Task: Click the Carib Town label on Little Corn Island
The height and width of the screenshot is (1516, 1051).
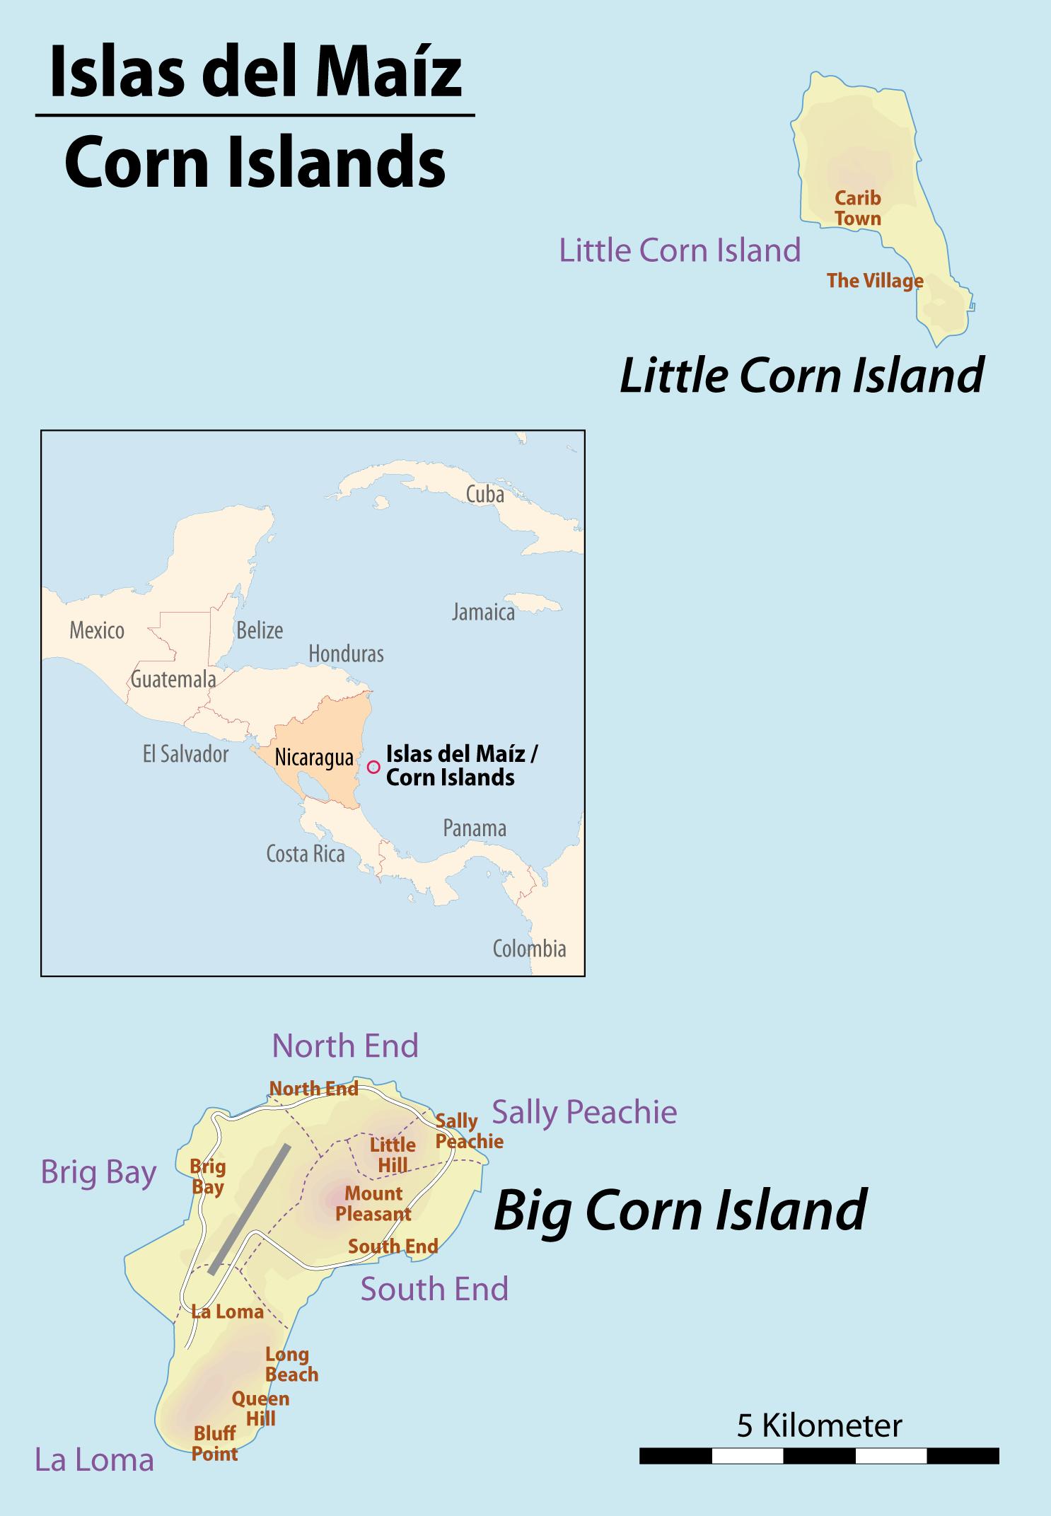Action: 857,208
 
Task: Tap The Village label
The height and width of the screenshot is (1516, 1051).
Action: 875,281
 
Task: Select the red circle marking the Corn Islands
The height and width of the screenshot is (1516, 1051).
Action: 374,767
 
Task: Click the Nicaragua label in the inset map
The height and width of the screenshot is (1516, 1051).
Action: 314,758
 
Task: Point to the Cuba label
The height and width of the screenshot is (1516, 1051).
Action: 484,494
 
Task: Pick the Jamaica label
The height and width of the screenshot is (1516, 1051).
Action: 483,612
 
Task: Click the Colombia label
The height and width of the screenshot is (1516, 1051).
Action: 529,949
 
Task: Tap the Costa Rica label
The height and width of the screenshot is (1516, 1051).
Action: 305,854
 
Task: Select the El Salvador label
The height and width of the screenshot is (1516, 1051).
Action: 185,754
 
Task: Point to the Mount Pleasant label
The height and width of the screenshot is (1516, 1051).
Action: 373,1203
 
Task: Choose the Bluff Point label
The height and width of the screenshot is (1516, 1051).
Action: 215,1444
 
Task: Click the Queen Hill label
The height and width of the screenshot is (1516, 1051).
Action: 260,1408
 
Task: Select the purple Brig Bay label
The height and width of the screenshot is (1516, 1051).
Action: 98,1172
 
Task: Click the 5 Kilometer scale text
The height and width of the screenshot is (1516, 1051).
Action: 819,1425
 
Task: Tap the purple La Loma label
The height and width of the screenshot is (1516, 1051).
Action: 94,1460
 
